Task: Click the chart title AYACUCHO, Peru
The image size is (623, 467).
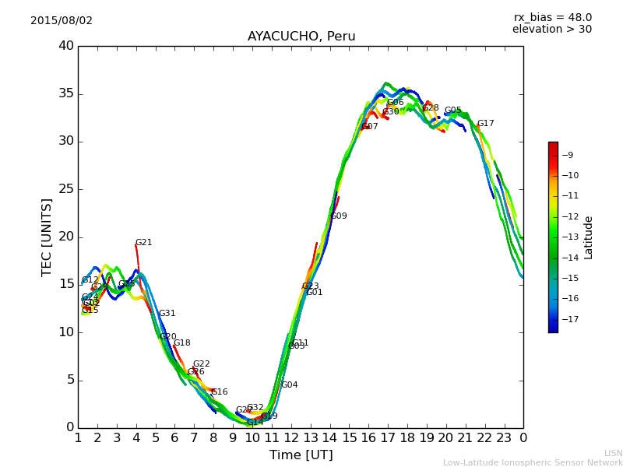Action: coord(301,37)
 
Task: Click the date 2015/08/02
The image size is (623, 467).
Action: coord(62,21)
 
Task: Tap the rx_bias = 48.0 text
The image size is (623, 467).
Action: coord(552,18)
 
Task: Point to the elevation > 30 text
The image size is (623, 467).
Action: coord(551,30)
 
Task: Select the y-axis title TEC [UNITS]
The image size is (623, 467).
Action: coord(48,237)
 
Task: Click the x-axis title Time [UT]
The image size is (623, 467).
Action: coord(301,455)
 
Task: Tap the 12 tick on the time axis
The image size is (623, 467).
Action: coord(291,437)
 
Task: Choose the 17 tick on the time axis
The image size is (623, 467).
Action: coord(388,437)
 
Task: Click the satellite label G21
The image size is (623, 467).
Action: coord(144,243)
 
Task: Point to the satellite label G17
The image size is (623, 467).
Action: coord(486,124)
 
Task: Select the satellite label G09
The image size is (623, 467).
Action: coord(339,216)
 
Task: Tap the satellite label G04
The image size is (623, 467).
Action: coord(290,385)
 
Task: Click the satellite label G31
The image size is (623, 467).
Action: coord(167,314)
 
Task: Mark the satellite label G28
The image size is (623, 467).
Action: coord(431,108)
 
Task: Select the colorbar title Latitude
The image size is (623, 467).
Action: coord(589,237)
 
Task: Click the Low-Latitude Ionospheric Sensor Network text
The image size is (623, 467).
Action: coord(533,463)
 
